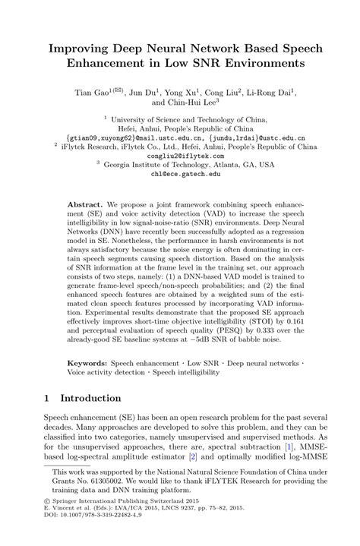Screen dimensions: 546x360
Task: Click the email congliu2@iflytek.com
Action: tap(180, 154)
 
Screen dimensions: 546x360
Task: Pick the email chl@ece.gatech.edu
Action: tap(180, 173)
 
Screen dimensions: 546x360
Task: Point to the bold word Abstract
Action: tap(85, 206)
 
